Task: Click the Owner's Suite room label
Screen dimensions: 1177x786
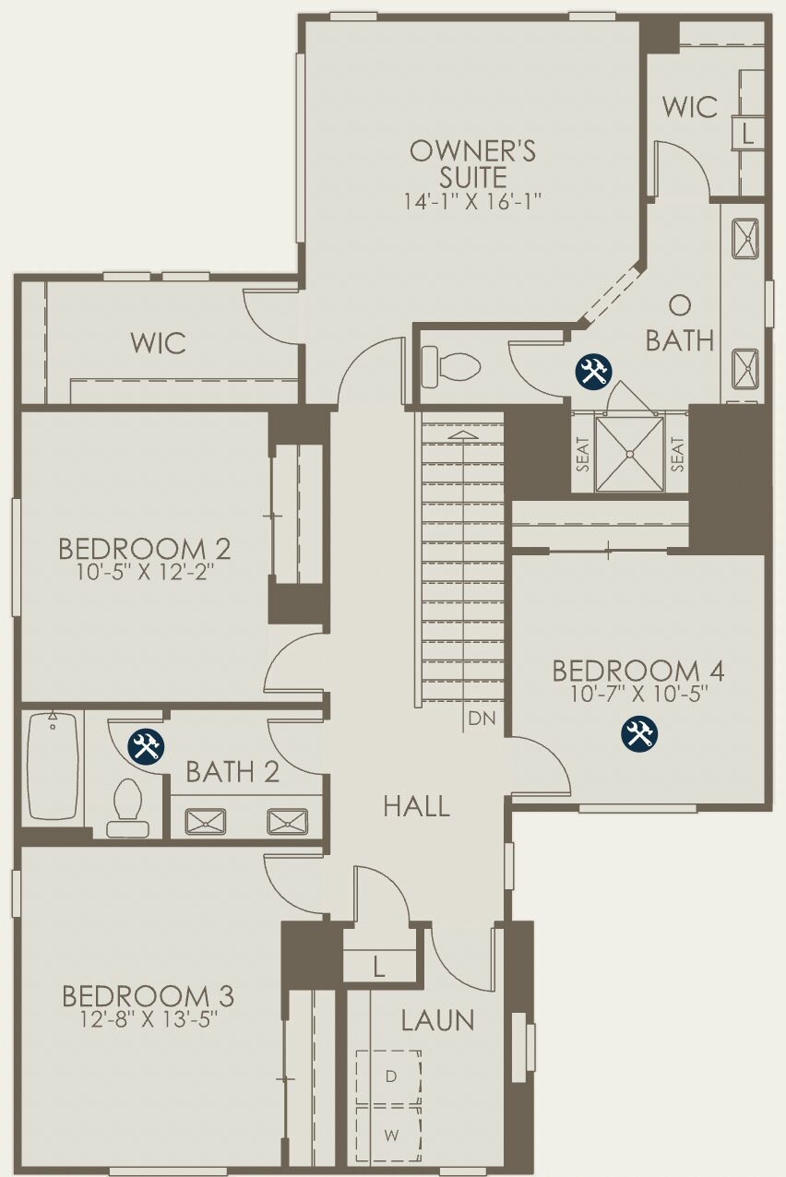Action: [472, 162]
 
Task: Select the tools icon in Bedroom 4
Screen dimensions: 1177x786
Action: [638, 733]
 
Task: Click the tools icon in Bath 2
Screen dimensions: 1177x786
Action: [146, 744]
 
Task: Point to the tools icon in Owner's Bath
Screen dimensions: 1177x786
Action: [593, 371]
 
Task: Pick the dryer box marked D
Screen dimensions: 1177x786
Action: [389, 1076]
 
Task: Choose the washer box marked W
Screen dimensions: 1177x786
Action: [389, 1135]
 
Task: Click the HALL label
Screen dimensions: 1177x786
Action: [417, 807]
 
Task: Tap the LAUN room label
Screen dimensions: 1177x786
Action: [438, 1020]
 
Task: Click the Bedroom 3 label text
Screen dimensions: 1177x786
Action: [148, 996]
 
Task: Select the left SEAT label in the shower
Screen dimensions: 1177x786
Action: [583, 455]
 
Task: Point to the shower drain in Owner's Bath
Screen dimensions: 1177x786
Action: [630, 454]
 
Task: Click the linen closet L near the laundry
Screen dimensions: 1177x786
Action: [378, 966]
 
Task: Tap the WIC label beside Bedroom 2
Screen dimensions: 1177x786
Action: [158, 343]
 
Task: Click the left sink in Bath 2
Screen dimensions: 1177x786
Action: [205, 820]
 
